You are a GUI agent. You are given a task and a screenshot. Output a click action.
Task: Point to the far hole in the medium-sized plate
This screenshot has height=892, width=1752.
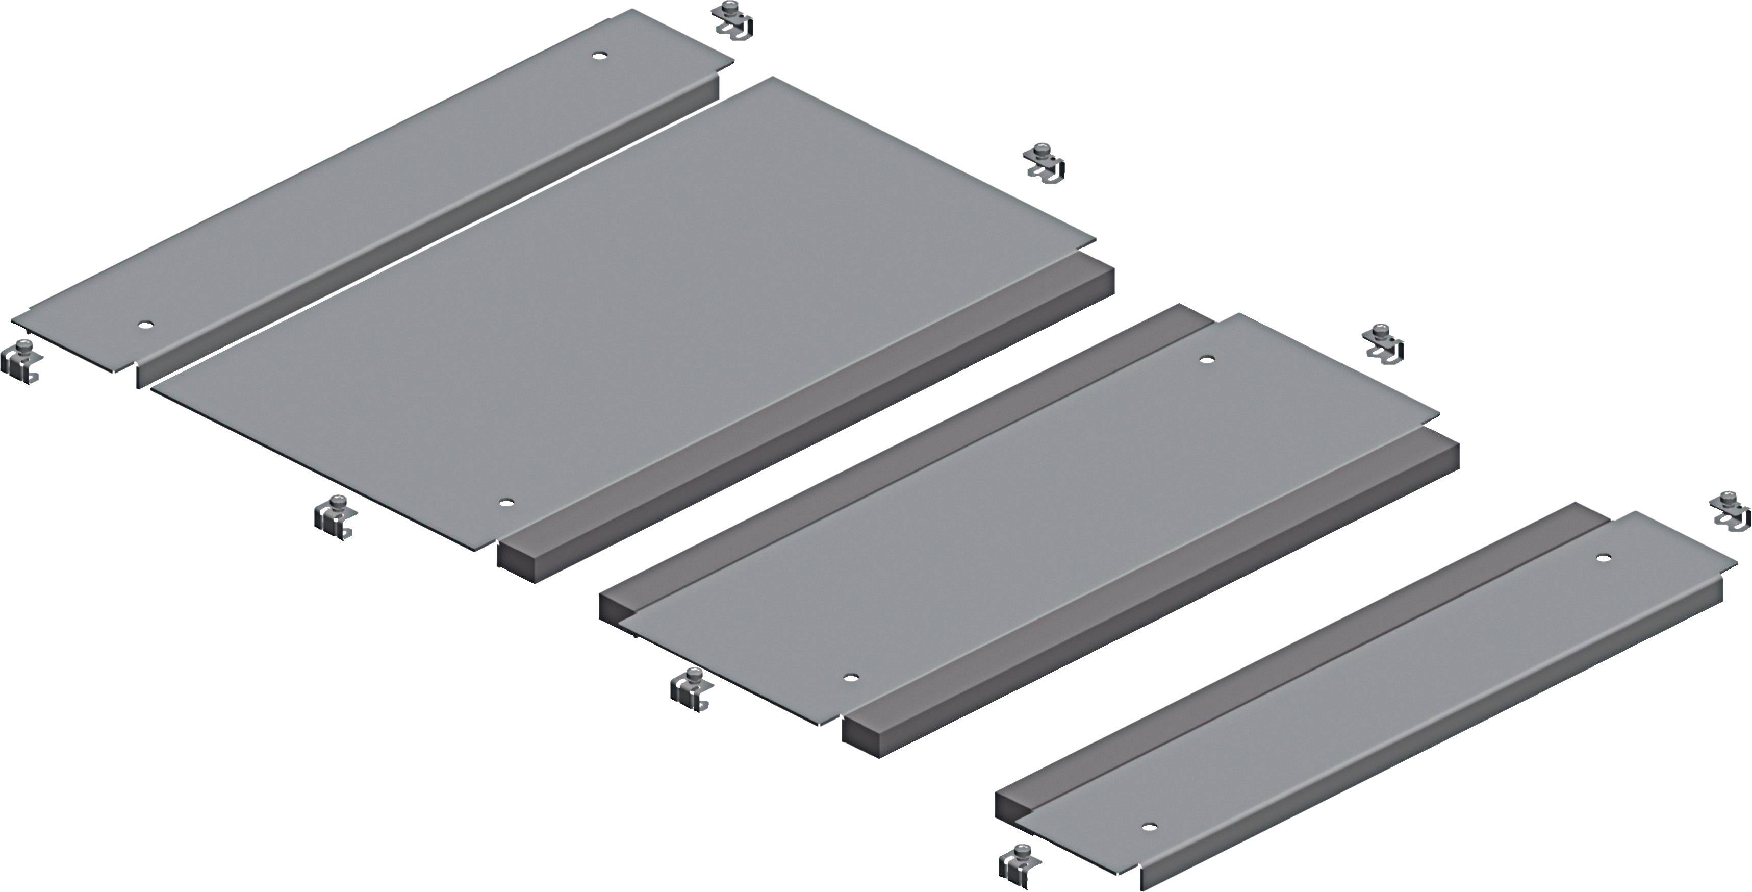pos(1207,360)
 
